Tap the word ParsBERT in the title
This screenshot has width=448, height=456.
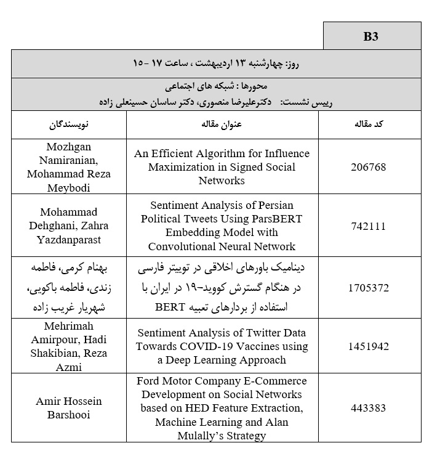point(273,219)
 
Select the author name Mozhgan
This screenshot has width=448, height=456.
point(69,147)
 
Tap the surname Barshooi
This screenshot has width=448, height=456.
point(69,414)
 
